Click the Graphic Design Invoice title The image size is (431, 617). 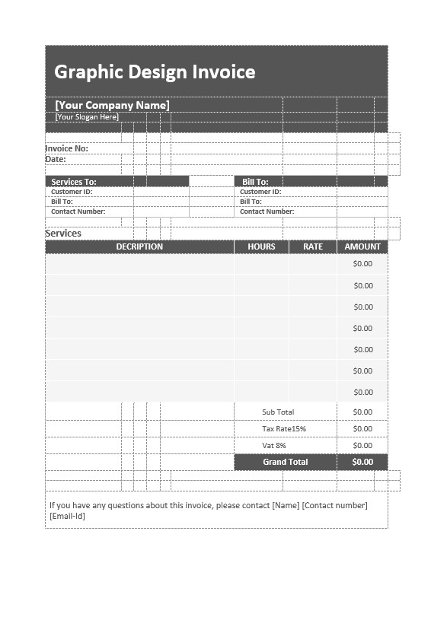155,72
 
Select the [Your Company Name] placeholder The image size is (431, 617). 112,105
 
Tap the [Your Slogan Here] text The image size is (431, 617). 87,117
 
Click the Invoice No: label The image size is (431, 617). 67,148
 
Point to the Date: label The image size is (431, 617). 56,160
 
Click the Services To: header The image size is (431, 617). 74,182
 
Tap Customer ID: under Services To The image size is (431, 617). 72,192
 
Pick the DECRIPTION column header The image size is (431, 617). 139,246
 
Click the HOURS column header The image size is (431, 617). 261,246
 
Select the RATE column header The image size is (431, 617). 313,246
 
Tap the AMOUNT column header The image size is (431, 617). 362,246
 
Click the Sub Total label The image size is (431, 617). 278,412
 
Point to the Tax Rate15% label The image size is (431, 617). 284,429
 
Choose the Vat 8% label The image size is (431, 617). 274,446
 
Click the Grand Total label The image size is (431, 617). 286,462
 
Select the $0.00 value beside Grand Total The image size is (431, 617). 362,462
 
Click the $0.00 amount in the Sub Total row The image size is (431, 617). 363,412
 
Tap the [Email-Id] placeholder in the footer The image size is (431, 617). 68,516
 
